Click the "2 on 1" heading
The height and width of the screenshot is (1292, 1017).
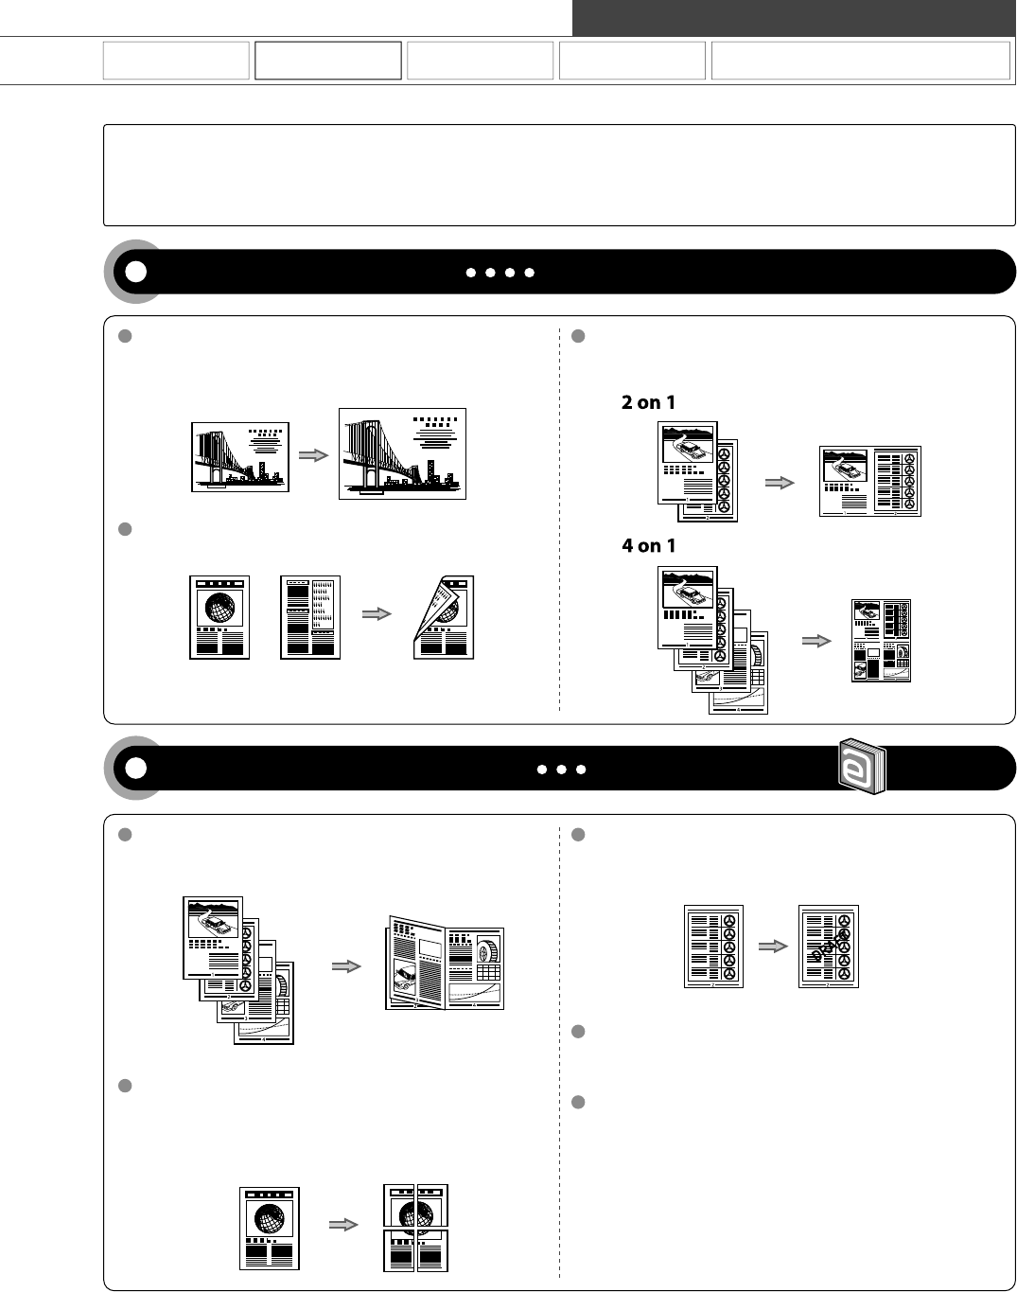point(648,402)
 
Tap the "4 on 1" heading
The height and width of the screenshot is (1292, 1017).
point(649,546)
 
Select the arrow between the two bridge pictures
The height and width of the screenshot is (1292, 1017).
point(313,455)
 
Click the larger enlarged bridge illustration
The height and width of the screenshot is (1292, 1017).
point(402,454)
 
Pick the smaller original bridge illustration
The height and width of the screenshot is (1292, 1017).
point(240,457)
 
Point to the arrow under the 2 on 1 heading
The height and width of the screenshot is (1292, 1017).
point(780,483)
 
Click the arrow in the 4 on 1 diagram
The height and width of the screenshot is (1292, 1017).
point(816,641)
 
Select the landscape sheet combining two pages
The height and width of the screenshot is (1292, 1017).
point(870,481)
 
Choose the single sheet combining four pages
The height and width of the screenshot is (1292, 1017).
point(881,641)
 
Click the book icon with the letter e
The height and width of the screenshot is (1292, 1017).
point(862,767)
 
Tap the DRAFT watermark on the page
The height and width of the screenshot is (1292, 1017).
point(830,947)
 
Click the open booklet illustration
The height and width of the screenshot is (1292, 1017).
point(444,963)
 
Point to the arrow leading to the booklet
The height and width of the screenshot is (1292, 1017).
point(346,966)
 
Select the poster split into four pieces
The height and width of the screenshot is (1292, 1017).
point(416,1228)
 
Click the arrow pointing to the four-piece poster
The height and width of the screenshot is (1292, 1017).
point(343,1225)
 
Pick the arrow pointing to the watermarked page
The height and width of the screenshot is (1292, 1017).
point(773,947)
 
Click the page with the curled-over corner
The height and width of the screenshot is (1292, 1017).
point(444,617)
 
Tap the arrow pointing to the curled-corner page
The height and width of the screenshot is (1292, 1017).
point(377,613)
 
